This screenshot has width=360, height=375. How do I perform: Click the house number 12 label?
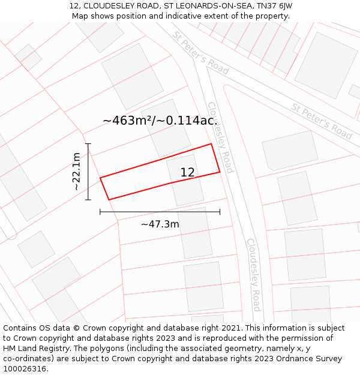pos(187,173)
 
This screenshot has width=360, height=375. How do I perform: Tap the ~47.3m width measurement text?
pos(160,224)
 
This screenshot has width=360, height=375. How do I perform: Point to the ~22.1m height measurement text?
pos(76,172)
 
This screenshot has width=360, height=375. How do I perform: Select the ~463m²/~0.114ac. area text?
pos(160,121)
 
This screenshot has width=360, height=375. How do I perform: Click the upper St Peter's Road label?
pos(200,53)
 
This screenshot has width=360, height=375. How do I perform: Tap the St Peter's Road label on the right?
pos(322,121)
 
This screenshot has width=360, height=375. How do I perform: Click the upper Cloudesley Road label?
pos(220,137)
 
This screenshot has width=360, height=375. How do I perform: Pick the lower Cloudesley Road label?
pos(254,275)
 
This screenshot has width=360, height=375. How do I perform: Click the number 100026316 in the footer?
pos(23,369)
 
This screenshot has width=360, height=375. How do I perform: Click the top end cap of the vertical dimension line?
pos(88,144)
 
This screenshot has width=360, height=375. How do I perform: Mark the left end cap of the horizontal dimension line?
pos(100,212)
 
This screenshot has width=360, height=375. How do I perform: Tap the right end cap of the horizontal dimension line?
pos(220,212)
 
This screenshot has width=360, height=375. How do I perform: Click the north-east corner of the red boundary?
pos(211,144)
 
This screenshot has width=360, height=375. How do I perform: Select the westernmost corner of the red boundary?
pos(100,178)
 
